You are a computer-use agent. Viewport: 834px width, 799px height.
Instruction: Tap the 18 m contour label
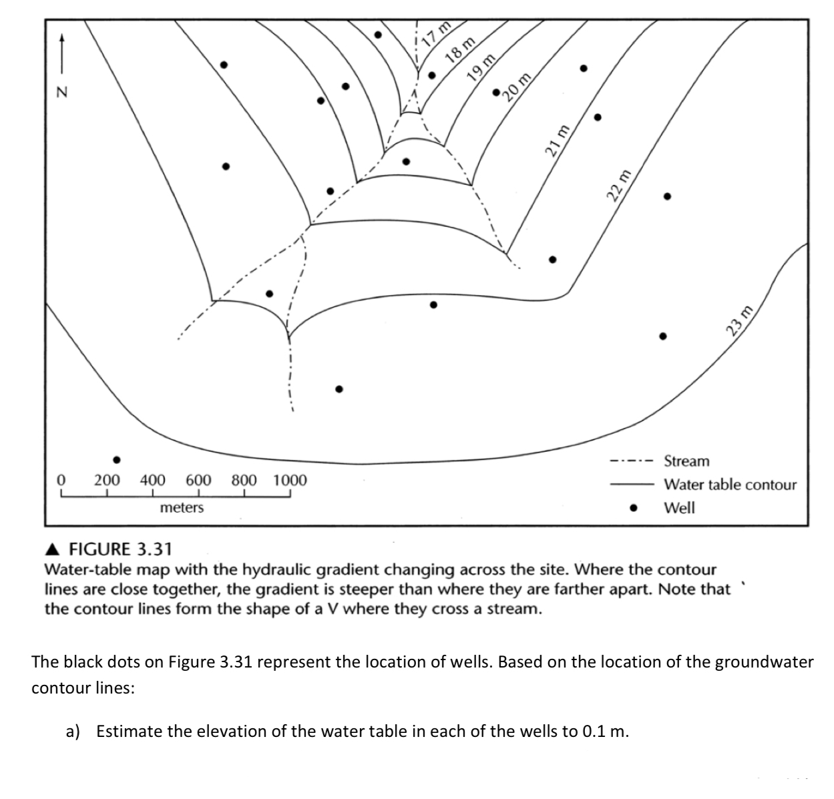point(460,49)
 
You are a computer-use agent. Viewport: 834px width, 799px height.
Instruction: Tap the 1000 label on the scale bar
point(290,480)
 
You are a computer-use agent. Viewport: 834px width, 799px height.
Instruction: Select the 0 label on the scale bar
point(61,480)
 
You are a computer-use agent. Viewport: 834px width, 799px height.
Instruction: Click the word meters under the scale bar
point(182,508)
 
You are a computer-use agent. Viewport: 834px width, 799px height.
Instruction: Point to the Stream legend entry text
point(686,461)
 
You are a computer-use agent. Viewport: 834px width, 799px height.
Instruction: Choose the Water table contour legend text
point(729,485)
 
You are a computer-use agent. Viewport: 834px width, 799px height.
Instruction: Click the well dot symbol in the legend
point(633,508)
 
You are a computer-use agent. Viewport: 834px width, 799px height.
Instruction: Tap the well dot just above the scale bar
point(117,460)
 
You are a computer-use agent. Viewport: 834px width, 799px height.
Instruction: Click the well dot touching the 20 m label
point(496,91)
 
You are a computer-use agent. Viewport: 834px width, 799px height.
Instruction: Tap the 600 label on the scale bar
point(198,480)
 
